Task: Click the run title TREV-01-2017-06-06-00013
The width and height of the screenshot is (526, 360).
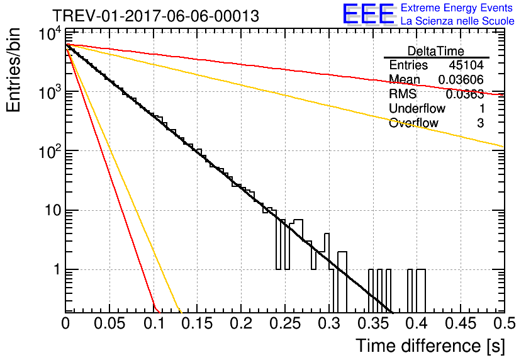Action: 156,16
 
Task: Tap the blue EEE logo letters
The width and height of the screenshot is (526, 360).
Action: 369,14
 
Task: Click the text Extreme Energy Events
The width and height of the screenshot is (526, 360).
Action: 457,8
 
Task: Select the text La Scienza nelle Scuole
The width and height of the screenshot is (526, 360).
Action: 457,21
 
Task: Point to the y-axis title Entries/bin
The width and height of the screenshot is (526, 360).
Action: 14,70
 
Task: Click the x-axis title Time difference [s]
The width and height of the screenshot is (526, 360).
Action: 430,346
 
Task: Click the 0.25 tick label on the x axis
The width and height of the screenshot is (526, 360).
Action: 285,323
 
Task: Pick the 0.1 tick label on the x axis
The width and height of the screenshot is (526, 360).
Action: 154,323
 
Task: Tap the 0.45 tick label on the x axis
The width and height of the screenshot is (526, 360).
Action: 461,323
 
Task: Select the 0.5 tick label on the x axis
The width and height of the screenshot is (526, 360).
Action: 504,323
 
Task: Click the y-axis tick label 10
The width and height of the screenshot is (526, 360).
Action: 53,211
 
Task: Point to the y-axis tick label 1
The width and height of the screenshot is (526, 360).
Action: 58,270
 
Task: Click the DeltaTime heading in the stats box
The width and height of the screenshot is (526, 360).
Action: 436,51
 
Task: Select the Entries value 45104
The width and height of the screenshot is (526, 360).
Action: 466,65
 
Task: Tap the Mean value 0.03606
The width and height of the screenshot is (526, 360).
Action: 461,79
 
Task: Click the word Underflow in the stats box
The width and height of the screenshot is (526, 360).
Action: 417,108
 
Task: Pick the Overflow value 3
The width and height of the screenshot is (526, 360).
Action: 481,123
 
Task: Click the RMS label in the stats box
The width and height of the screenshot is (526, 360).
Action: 403,94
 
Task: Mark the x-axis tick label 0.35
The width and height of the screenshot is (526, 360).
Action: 372,323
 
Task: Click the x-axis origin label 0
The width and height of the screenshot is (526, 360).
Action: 65,323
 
